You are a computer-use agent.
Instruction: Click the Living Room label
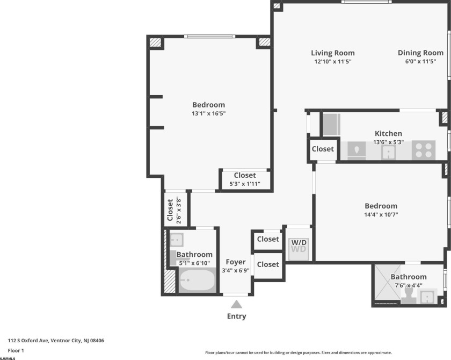333,53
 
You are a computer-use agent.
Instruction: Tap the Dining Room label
420,53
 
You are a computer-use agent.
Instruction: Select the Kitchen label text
388,133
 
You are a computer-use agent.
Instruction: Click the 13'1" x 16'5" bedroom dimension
209,113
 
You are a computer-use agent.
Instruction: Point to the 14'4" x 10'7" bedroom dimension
381,214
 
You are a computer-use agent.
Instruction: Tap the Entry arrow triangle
236,304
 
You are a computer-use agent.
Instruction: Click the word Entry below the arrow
236,316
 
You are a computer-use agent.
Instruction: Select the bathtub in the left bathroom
197,280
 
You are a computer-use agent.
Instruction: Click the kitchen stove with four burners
423,150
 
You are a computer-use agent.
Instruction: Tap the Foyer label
236,262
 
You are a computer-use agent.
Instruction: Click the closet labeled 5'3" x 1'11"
245,179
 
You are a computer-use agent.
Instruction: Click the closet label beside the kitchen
323,149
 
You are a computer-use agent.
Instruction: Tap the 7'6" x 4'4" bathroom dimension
409,285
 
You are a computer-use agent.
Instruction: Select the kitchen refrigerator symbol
331,124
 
